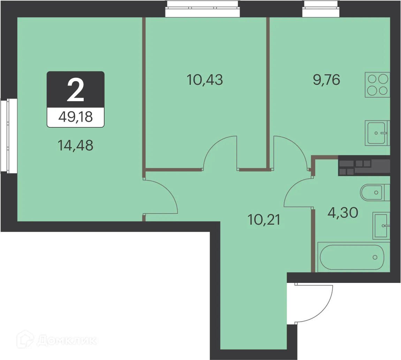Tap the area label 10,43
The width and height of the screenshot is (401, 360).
[205, 80]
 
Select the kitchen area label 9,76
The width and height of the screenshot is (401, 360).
[326, 80]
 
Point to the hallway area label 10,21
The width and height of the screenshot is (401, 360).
[264, 220]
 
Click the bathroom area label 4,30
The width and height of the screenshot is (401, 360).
[343, 212]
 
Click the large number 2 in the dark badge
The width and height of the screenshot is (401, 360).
[75, 90]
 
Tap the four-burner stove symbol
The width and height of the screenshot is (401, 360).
[377, 85]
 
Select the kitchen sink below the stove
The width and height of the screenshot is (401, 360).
[377, 133]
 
